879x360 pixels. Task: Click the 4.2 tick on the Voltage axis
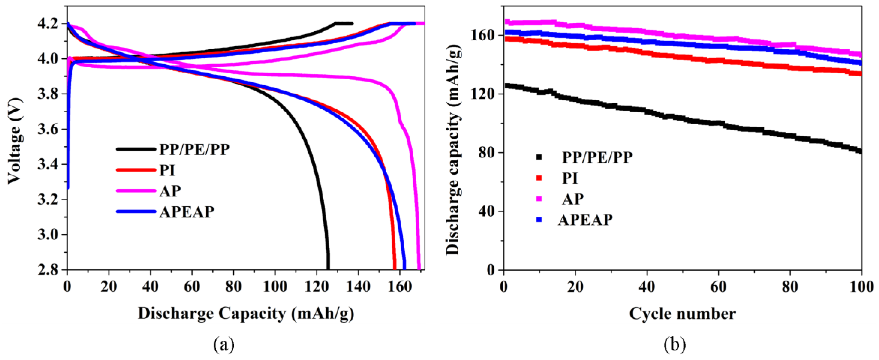point(52,24)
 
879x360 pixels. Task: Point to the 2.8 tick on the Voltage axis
point(52,270)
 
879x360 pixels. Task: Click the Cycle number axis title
point(682,313)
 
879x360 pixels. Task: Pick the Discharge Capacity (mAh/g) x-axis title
point(246,313)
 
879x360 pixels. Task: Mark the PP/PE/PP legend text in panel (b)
point(597,157)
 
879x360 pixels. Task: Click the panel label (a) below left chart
point(224,345)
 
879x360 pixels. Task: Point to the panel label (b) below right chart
point(674,345)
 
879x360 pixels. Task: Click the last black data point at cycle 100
point(860,151)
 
